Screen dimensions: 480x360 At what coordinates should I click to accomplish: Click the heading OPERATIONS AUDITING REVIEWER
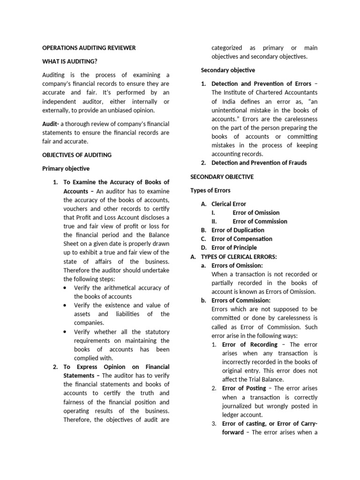pyautogui.click(x=89, y=48)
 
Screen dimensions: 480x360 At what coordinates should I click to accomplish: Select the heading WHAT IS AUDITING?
pyautogui.click(x=70, y=61)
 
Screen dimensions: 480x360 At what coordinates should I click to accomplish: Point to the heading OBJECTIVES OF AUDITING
pyautogui.click(x=77, y=155)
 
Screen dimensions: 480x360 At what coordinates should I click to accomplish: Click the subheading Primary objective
pyautogui.click(x=66, y=169)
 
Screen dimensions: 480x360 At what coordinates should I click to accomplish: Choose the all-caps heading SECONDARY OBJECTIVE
pyautogui.click(x=222, y=177)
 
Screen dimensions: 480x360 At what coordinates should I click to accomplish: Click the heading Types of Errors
pyautogui.click(x=210, y=191)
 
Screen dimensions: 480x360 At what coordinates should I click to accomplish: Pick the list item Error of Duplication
pyautogui.click(x=238, y=230)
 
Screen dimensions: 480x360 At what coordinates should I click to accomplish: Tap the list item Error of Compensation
pyautogui.click(x=241, y=239)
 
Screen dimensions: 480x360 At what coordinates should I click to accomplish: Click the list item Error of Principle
pyautogui.click(x=234, y=247)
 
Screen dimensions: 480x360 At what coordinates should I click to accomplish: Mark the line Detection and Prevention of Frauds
pyautogui.click(x=259, y=163)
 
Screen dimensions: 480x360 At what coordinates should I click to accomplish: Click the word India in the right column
pyautogui.click(x=230, y=101)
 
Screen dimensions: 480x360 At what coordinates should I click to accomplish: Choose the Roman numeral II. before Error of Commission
pyautogui.click(x=215, y=221)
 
